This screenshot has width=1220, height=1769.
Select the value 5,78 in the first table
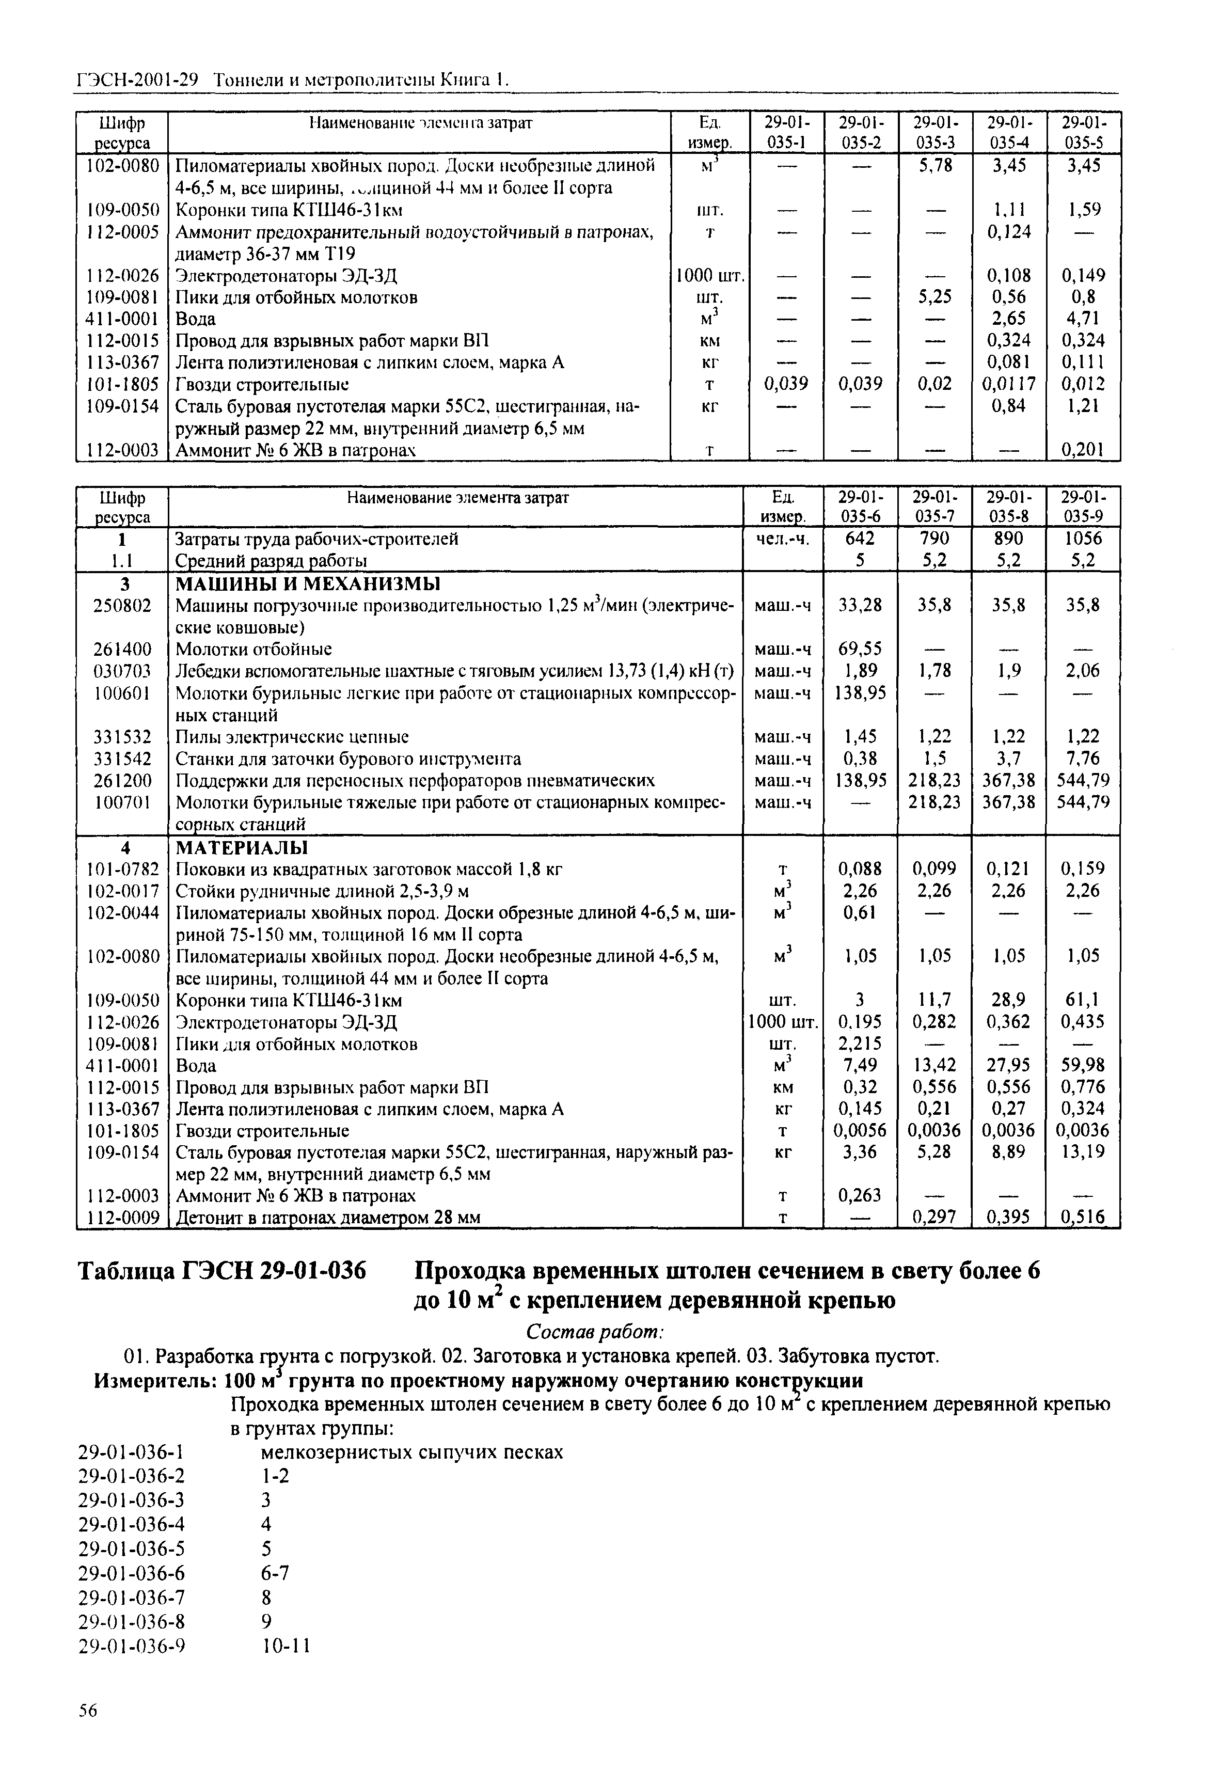(935, 165)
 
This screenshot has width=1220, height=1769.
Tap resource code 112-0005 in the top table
(122, 232)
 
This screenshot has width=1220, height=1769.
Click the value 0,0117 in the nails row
(1007, 384)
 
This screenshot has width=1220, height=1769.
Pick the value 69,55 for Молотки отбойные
(860, 649)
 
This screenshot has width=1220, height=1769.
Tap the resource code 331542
(122, 759)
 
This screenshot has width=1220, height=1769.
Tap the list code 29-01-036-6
(132, 1573)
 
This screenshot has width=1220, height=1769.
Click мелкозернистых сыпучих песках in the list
(412, 1452)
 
